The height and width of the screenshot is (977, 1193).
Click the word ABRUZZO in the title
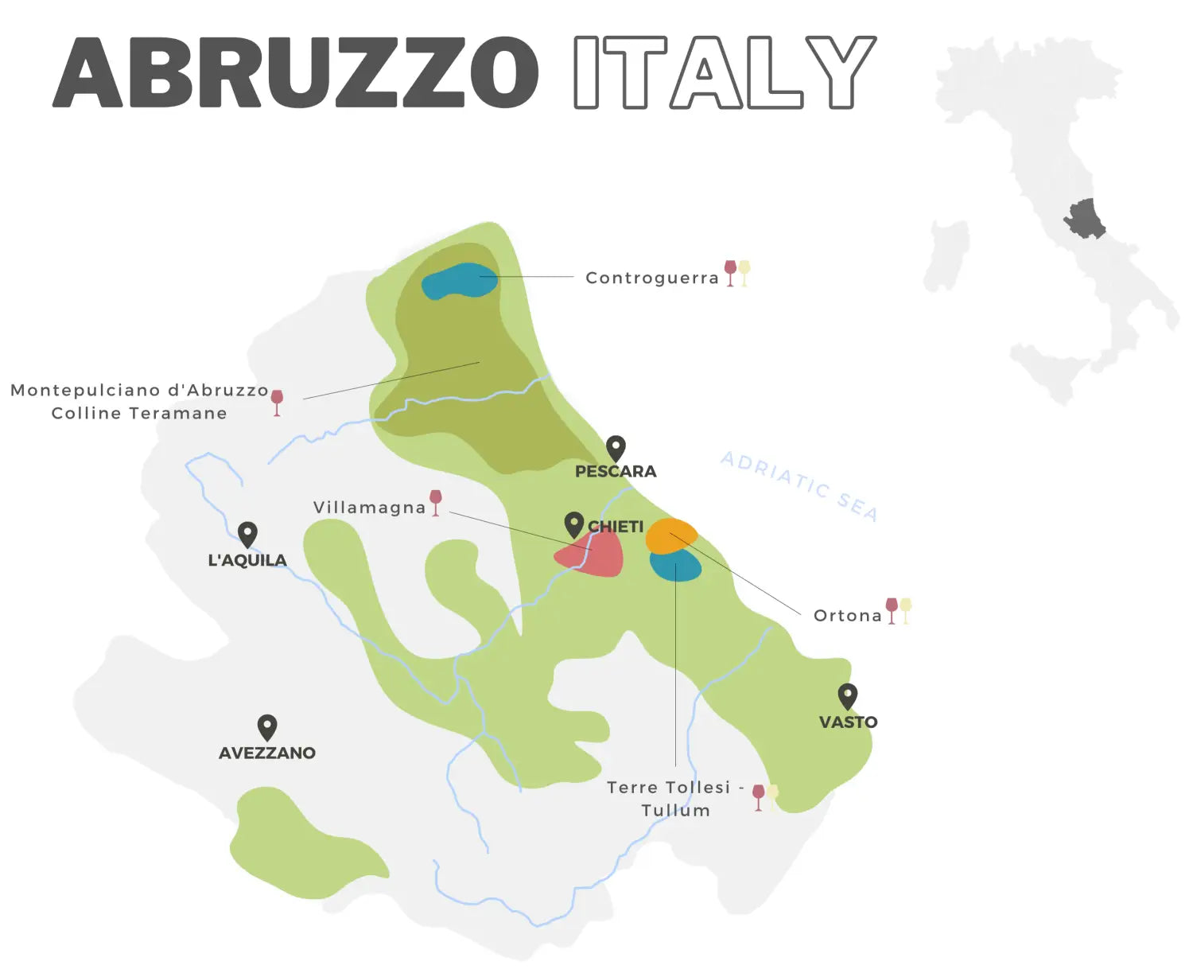tap(296, 72)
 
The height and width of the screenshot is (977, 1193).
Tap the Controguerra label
tap(651, 278)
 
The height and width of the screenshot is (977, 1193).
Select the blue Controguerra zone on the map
tap(459, 282)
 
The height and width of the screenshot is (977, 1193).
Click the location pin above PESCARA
tap(616, 448)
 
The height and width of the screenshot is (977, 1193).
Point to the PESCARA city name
tap(616, 472)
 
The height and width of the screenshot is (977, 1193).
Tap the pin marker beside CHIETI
tap(573, 524)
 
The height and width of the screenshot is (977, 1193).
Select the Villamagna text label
tap(369, 508)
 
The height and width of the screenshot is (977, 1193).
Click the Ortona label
tap(848, 616)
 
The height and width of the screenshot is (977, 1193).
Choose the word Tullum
tap(675, 811)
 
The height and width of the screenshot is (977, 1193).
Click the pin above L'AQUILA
tap(247, 534)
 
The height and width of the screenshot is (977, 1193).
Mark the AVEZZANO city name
tap(267, 753)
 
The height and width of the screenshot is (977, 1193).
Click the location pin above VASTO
tap(848, 696)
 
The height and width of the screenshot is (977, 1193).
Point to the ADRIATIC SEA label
tap(799, 486)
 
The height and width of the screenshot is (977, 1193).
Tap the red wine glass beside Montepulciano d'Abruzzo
tap(277, 402)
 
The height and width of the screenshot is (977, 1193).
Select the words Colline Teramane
tap(139, 414)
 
